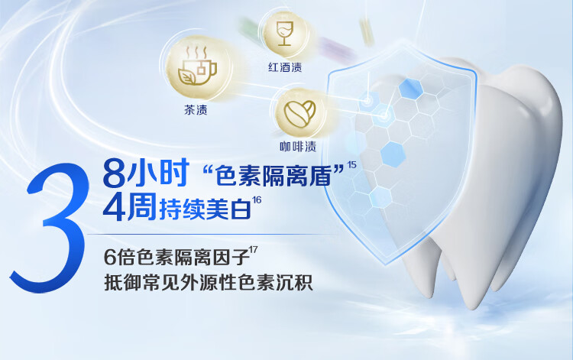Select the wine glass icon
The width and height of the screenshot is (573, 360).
pos(285,34)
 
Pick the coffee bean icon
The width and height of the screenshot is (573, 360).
pos(300,114)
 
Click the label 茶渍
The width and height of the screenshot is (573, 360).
pos(196,109)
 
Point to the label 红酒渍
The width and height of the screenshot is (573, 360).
pos(285,67)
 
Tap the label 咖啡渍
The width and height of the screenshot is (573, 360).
pos(298,147)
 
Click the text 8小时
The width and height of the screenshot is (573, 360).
pos(146,173)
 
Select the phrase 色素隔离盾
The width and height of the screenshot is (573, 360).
pos(274,176)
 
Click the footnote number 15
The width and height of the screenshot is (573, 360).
pos(352,165)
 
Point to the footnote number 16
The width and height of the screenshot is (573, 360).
pos(257,200)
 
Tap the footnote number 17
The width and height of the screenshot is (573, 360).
pos(253,250)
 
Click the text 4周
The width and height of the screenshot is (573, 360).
pos(130,207)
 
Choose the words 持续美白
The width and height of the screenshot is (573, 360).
pos(205,209)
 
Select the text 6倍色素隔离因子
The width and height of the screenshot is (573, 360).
pos(176,257)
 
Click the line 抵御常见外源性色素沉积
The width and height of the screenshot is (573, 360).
pos(209,282)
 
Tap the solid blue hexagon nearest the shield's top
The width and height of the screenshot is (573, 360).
pos(411,89)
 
